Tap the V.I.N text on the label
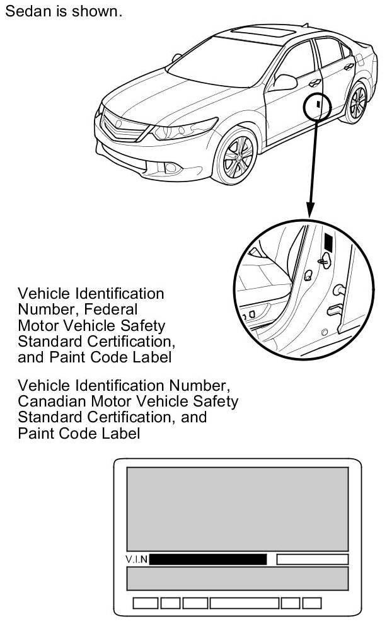(137, 560)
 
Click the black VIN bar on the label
(207, 560)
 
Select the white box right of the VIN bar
(312, 560)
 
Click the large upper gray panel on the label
(238, 509)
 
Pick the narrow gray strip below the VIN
(238, 578)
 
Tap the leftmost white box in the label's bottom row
(145, 603)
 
